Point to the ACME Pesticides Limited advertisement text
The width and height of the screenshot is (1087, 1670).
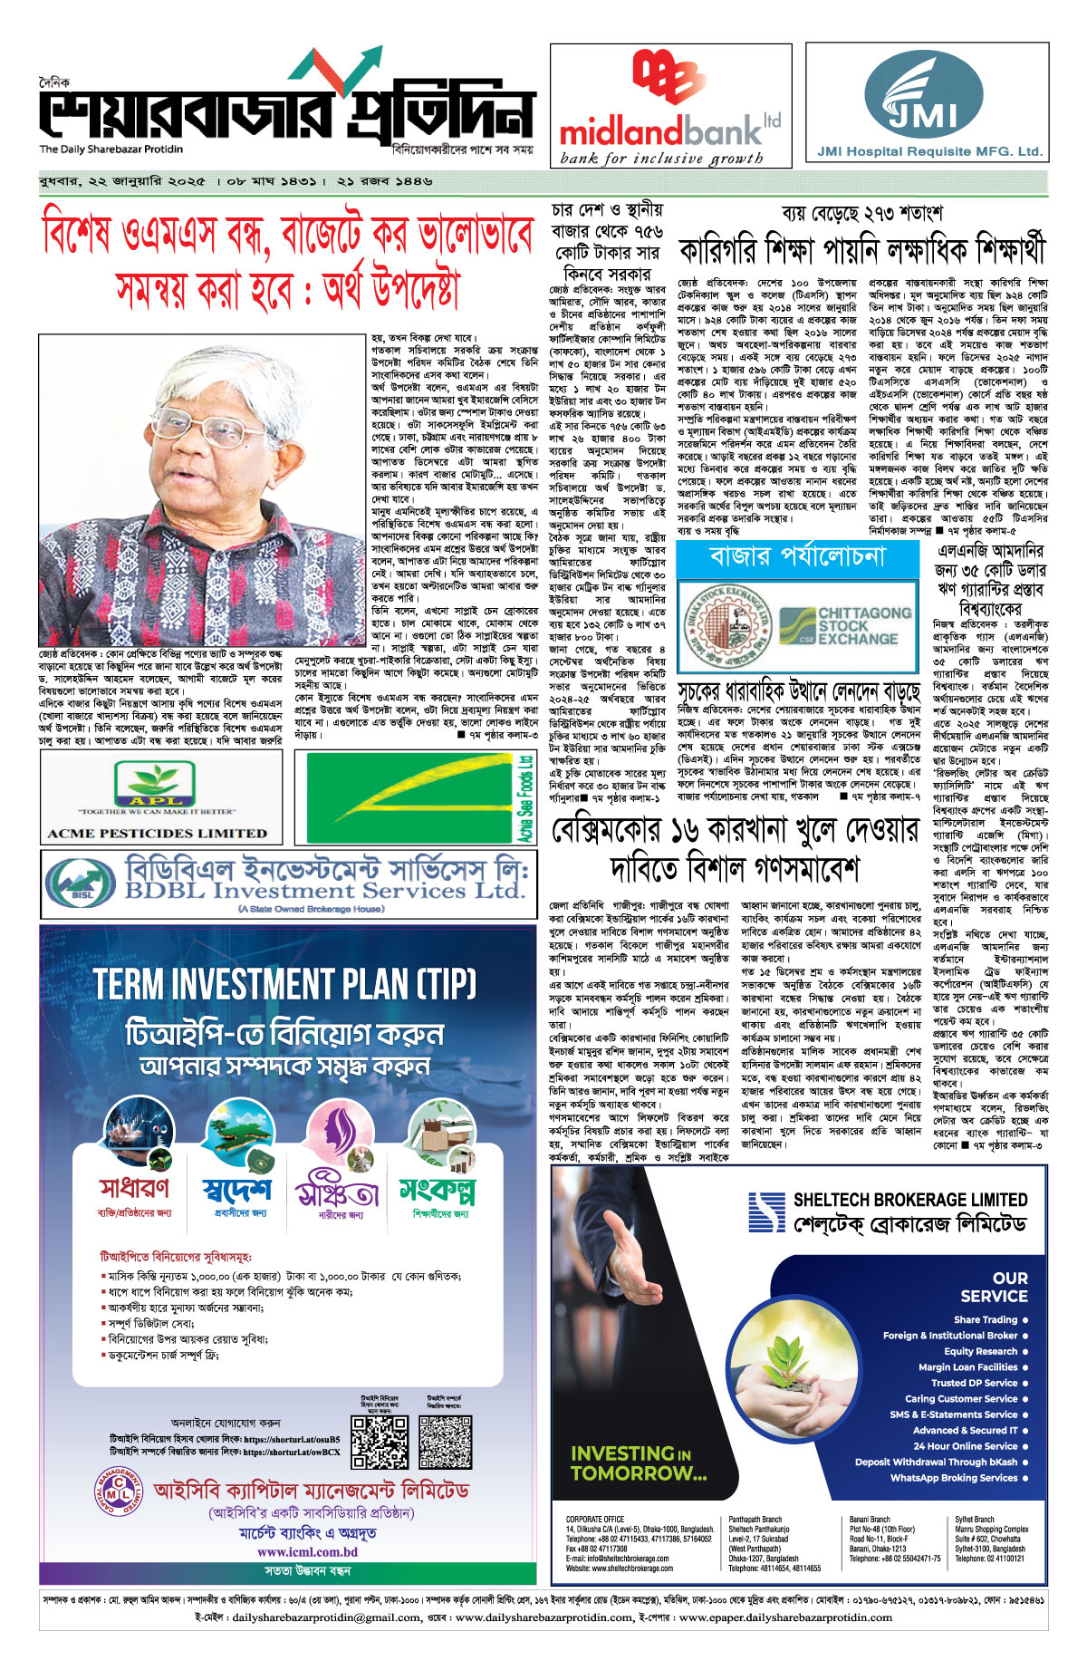157,833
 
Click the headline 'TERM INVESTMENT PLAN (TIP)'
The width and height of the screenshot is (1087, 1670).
284,984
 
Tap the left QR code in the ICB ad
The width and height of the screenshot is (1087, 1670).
380,1442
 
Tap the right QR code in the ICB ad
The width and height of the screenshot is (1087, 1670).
446,1442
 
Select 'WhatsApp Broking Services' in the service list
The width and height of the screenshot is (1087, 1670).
954,1478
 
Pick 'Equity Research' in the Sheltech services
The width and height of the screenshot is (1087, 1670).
980,1351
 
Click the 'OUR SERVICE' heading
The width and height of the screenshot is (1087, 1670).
994,1287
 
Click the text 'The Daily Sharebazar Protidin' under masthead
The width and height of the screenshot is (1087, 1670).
111,150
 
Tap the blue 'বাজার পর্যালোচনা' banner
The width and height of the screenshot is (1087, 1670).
797,556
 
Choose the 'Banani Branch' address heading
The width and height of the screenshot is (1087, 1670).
870,1520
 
